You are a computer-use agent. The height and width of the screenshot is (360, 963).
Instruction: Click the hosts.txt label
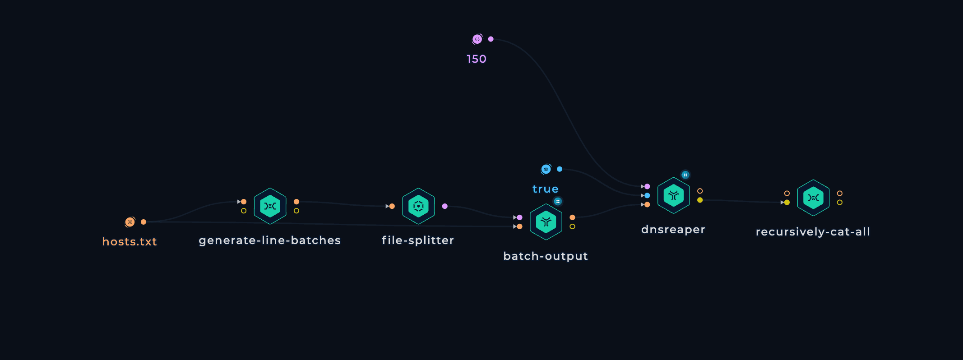click(130, 242)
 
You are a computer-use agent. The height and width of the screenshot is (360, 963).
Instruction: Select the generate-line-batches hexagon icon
click(270, 206)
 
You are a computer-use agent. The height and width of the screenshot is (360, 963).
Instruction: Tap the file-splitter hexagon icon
click(418, 206)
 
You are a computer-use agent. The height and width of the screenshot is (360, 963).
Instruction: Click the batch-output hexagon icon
click(546, 222)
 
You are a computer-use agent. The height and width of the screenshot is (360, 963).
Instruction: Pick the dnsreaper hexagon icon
click(674, 195)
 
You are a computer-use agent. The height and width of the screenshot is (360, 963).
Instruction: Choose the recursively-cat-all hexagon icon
click(813, 198)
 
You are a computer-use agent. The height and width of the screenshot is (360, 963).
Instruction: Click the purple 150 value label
click(477, 59)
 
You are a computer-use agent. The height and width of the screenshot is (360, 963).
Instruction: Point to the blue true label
click(546, 189)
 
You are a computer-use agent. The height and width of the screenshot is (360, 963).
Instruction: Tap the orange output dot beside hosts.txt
click(144, 222)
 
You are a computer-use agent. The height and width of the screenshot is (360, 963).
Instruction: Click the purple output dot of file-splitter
click(445, 206)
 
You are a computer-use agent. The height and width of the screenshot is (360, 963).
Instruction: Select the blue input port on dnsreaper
click(647, 195)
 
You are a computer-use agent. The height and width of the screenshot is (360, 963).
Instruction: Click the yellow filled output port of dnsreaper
click(700, 200)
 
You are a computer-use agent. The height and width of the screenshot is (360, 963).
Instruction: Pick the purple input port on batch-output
click(519, 217)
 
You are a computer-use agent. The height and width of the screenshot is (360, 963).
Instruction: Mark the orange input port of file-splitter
click(392, 206)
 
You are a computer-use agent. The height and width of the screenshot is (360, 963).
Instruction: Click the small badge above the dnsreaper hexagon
click(685, 175)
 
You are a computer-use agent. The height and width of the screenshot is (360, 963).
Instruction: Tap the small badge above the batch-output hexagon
click(558, 201)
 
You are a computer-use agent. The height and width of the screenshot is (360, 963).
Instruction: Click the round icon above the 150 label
click(477, 39)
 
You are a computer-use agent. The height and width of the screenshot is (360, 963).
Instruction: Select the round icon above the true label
click(546, 169)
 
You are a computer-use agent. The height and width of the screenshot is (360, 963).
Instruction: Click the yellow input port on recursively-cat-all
click(787, 203)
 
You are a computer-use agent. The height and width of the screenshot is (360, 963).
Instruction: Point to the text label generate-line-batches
click(270, 240)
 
